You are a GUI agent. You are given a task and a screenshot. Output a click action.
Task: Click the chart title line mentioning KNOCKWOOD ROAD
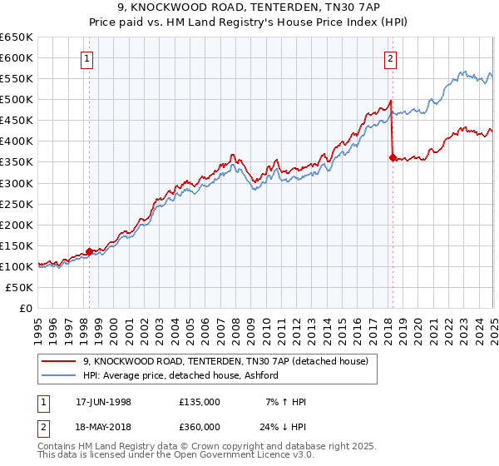tap(249, 8)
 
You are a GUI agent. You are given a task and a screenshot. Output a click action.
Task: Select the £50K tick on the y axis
tap(19, 287)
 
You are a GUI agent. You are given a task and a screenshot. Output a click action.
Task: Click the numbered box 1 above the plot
tap(88, 58)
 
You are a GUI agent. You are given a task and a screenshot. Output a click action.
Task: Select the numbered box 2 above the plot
tap(391, 58)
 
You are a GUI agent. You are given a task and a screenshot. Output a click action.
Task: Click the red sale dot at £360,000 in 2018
tap(392, 157)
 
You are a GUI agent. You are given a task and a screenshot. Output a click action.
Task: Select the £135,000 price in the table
tap(200, 402)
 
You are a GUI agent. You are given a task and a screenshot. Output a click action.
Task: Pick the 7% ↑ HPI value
tap(284, 402)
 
